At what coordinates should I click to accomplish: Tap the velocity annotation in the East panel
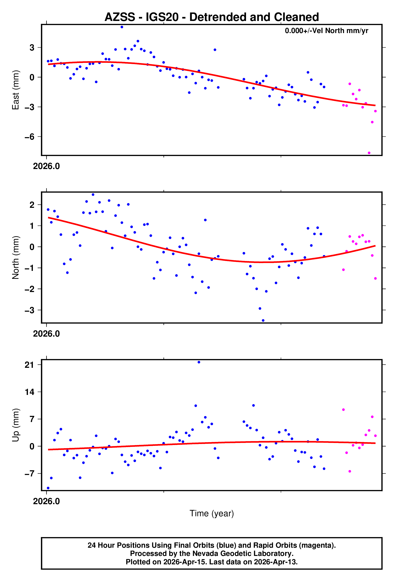click(326, 31)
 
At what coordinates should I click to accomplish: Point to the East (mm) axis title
click(16, 90)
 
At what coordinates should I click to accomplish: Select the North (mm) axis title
click(16, 258)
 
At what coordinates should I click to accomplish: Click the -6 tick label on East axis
click(29, 137)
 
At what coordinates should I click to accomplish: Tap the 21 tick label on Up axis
click(29, 365)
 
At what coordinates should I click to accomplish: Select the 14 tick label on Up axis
click(29, 392)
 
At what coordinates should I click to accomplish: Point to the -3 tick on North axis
click(29, 310)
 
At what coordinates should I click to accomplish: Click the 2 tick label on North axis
click(32, 205)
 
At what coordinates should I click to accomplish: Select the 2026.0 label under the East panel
click(46, 166)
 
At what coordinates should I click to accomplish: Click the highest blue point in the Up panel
click(199, 362)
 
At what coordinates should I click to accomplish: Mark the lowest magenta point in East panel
click(369, 153)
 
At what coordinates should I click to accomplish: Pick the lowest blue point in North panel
click(263, 321)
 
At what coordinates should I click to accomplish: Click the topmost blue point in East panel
click(122, 27)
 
